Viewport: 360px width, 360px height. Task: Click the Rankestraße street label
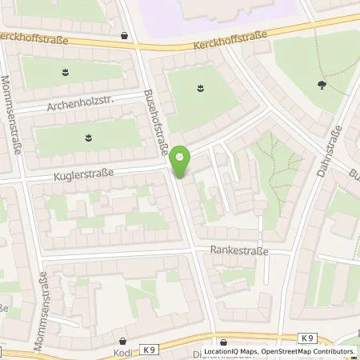click(240, 250)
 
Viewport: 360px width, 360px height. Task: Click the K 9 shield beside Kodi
click(150, 350)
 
